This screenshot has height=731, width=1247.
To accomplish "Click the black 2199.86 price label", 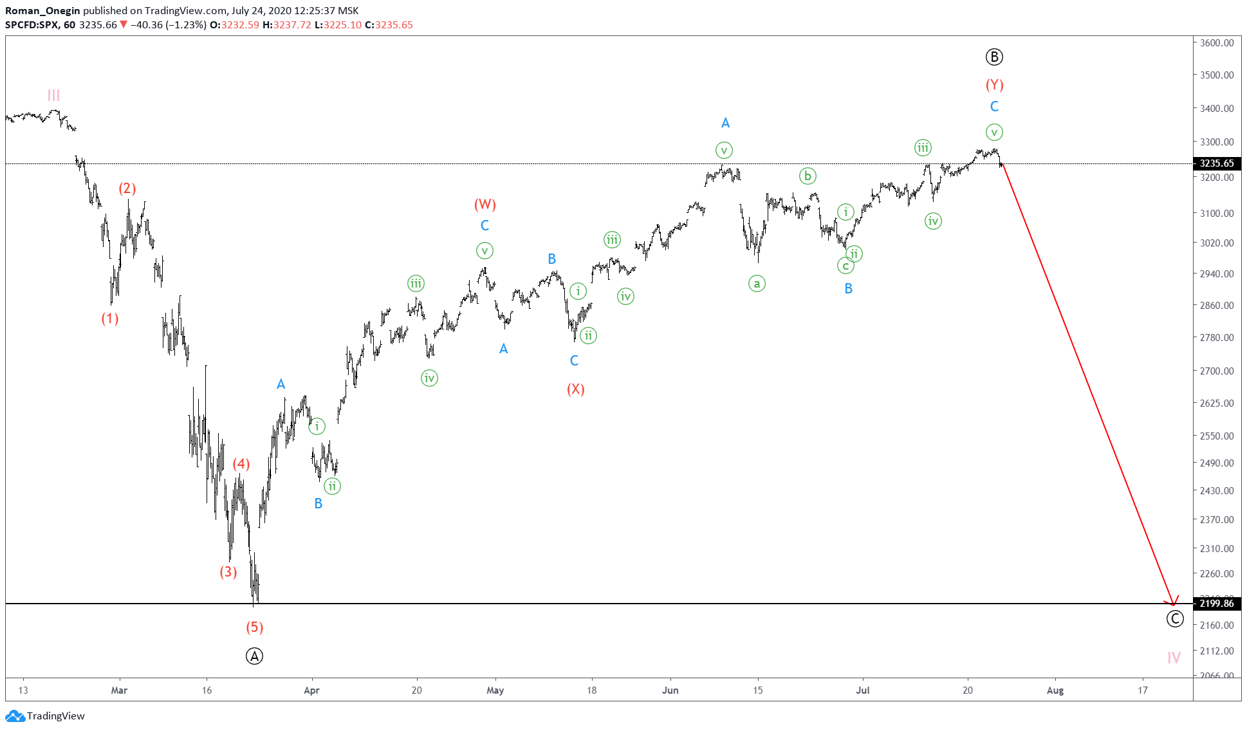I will [1216, 604].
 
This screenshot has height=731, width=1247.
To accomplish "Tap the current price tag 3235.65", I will [1216, 163].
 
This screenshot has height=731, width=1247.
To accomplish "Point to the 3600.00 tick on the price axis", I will [1216, 43].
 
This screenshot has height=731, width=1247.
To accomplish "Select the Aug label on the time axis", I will [1055, 690].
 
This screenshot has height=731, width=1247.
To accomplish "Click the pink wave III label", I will [53, 96].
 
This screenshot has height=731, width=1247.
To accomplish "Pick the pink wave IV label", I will [1174, 658].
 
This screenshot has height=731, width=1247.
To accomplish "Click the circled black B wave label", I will [994, 57].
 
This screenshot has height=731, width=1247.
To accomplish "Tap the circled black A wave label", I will [254, 656].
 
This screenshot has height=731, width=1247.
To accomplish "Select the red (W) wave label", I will [485, 205].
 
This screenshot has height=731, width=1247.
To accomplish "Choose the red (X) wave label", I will [575, 389].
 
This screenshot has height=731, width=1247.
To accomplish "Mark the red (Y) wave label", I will [994, 85].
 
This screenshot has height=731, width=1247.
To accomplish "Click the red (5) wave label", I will [254, 627].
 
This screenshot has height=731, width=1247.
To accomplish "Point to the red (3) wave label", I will [228, 572].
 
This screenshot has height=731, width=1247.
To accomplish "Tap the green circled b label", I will [808, 176].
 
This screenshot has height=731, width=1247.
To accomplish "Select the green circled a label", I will [757, 283].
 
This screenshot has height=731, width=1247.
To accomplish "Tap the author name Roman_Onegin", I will [42, 11].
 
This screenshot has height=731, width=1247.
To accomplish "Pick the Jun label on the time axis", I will [670, 690].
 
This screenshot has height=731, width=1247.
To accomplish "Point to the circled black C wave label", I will [1174, 619].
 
